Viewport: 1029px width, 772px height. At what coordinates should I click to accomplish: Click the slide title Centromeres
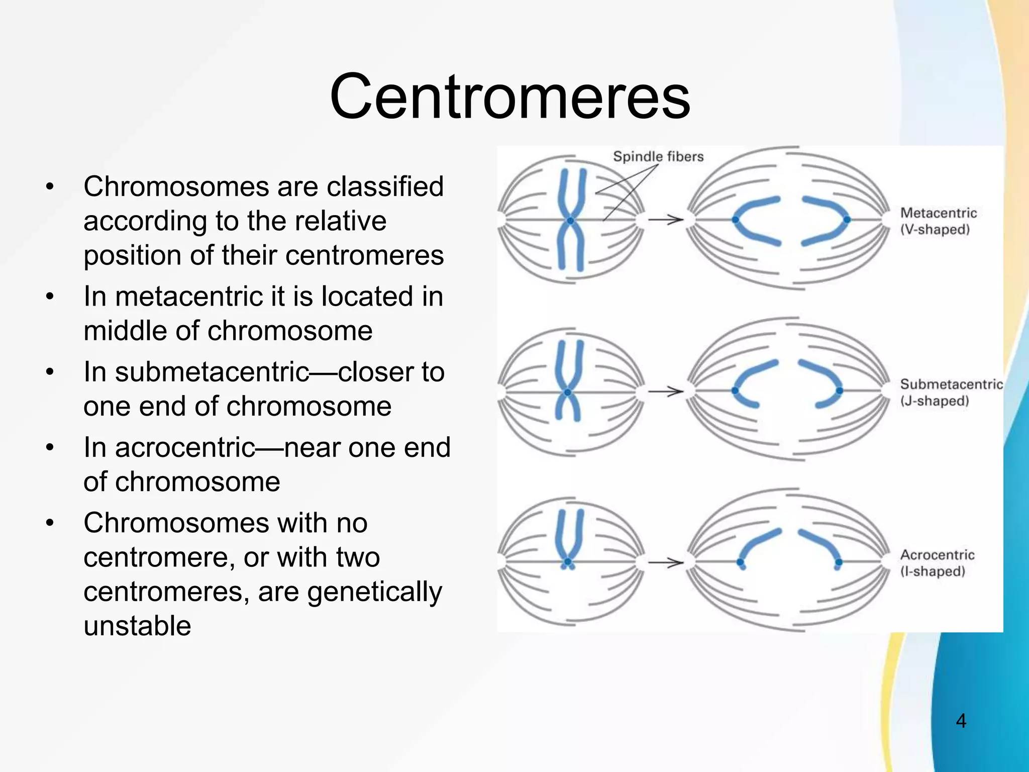click(509, 96)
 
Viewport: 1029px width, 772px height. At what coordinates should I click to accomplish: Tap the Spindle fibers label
click(658, 157)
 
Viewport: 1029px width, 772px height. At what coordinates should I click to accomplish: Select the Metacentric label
click(938, 213)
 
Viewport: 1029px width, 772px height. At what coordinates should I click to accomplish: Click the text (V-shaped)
click(935, 230)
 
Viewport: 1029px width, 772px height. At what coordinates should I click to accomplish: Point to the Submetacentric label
click(951, 384)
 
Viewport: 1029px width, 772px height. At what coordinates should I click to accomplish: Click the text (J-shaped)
click(934, 401)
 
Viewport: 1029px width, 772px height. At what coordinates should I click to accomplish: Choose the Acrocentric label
click(937, 555)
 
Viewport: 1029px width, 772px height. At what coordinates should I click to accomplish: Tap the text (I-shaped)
click(933, 571)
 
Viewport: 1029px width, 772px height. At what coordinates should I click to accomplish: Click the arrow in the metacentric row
click(665, 220)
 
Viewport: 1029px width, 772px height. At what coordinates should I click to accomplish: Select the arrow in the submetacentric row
click(665, 391)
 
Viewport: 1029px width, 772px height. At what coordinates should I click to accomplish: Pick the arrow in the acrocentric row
click(665, 562)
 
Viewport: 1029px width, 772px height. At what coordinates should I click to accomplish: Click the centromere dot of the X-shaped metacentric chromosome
click(570, 221)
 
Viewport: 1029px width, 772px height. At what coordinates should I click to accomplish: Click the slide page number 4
click(961, 721)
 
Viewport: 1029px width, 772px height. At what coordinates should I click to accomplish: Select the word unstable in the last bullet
click(137, 626)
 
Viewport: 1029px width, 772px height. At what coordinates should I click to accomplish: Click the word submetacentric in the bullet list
click(212, 372)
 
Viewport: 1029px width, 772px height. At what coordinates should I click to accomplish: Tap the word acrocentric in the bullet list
click(185, 448)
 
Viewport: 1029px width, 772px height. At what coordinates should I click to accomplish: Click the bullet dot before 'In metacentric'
click(49, 297)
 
